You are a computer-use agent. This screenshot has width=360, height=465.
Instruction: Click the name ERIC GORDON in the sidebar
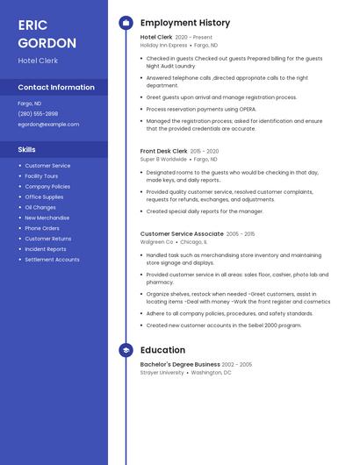pos(47,34)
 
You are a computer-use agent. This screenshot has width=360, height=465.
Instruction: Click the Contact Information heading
pos(56,88)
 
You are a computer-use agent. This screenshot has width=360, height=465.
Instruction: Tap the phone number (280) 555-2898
pos(38,114)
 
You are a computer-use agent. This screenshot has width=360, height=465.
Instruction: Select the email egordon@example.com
pos(48,125)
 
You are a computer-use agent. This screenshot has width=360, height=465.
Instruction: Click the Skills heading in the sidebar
pos(26,149)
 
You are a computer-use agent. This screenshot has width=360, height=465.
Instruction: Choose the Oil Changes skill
pos(40,207)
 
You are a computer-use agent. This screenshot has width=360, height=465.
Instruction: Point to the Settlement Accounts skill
pos(52,260)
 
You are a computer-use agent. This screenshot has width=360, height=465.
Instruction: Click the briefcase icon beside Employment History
pos(126,23)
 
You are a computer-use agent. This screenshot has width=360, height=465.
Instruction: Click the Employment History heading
pos(185,23)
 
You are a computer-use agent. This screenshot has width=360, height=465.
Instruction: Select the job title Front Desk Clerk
pos(163,152)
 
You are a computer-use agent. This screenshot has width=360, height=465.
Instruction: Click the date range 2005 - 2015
pos(241,234)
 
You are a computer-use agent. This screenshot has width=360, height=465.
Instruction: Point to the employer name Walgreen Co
pos(157,241)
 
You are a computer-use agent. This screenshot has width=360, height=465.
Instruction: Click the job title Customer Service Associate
pos(182,234)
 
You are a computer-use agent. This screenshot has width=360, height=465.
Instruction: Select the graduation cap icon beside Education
pos(126,350)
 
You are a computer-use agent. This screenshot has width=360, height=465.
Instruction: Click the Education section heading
pos(162,350)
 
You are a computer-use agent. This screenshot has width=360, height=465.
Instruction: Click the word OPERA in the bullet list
pos(242,110)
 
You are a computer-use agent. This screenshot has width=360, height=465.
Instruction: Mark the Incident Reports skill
pos(46,249)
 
